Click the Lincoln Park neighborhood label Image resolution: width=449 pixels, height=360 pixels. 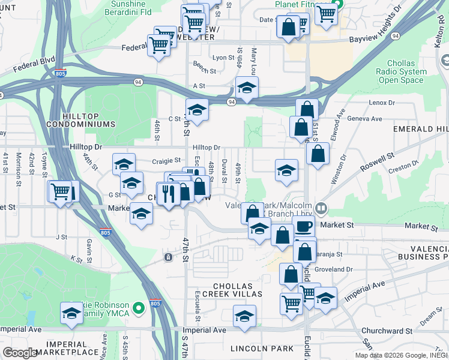(262, 349)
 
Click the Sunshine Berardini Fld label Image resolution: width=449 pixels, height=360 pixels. (134, 7)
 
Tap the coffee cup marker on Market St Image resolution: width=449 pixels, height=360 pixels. (304, 227)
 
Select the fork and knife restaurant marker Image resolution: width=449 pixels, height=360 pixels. (168, 193)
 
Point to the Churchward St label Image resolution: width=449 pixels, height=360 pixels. (387, 331)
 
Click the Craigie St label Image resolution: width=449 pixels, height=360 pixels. (166, 161)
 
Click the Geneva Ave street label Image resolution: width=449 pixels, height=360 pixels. (364, 118)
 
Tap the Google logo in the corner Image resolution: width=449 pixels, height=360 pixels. (21, 353)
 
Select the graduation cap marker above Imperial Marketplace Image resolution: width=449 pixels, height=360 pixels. (71, 313)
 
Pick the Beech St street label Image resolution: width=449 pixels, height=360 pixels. (204, 71)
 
